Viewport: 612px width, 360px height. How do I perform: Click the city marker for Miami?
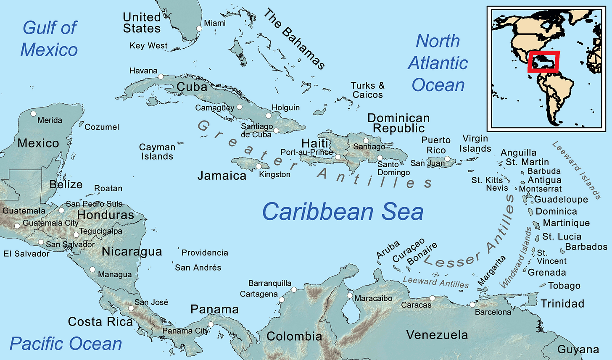pos(199,29)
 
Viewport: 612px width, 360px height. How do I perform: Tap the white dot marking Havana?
pos(160,76)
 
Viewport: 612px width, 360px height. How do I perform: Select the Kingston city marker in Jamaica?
pos(259,166)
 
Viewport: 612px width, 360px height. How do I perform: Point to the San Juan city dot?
pos(447,159)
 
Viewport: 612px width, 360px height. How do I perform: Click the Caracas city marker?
pos(432,298)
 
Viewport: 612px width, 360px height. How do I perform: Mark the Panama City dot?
pos(211,324)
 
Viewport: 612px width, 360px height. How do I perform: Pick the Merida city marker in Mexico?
pos(33,113)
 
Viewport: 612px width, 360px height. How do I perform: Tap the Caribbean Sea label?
pos(343,211)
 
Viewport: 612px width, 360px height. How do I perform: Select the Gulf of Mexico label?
pos(49,39)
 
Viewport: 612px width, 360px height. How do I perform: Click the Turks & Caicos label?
pos(367,90)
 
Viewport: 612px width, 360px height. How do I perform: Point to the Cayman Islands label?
pos(157,152)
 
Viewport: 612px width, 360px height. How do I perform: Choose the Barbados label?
pos(586,247)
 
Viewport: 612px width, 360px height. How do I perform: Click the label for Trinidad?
pos(562,303)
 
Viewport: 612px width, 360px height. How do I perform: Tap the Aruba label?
pos(388,250)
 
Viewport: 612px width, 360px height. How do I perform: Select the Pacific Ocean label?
pos(66,344)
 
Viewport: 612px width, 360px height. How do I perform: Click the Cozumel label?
pos(102,127)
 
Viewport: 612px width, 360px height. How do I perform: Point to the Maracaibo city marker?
pos(350,296)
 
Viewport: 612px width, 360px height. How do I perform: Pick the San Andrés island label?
pos(198,268)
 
